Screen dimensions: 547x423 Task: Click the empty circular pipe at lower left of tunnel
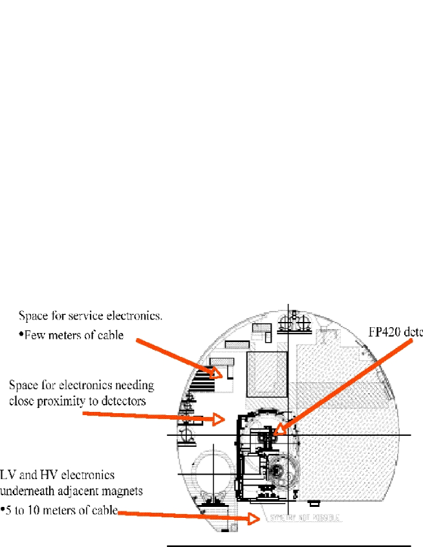[213, 469]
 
